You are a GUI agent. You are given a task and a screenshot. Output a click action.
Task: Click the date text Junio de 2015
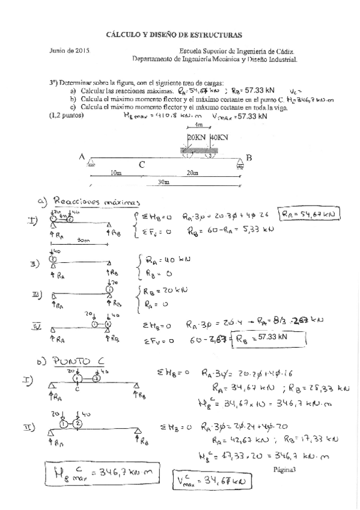[x=70, y=52]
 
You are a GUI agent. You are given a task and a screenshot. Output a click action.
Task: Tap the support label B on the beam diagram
[x=249, y=158]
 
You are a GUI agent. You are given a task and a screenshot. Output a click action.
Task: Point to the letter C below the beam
[x=141, y=164]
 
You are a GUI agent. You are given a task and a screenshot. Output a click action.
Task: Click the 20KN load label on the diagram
[x=197, y=138]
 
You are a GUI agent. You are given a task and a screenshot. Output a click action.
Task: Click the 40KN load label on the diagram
[x=219, y=138]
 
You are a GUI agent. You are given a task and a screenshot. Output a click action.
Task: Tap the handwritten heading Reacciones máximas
[x=97, y=201]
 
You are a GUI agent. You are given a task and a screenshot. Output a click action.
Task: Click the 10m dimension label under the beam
[x=116, y=173]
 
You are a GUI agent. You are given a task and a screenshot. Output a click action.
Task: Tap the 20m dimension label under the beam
[x=193, y=173]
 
